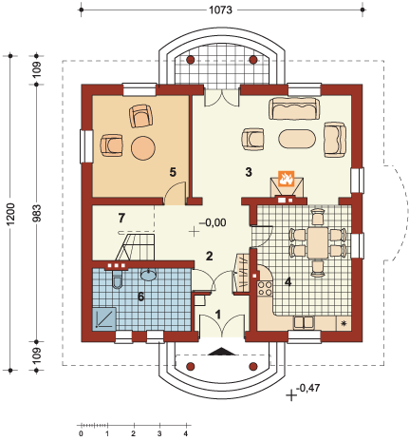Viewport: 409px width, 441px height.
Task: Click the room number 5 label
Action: coord(172,172)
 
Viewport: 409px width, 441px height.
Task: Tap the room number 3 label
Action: coord(248,172)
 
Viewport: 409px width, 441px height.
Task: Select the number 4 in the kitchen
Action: coord(289,281)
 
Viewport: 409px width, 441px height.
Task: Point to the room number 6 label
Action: coord(141,297)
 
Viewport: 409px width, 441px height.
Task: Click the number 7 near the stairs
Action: coord(121,219)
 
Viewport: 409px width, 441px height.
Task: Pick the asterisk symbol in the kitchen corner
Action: coord(344,325)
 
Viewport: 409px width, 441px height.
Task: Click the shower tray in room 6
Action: coord(106,318)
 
